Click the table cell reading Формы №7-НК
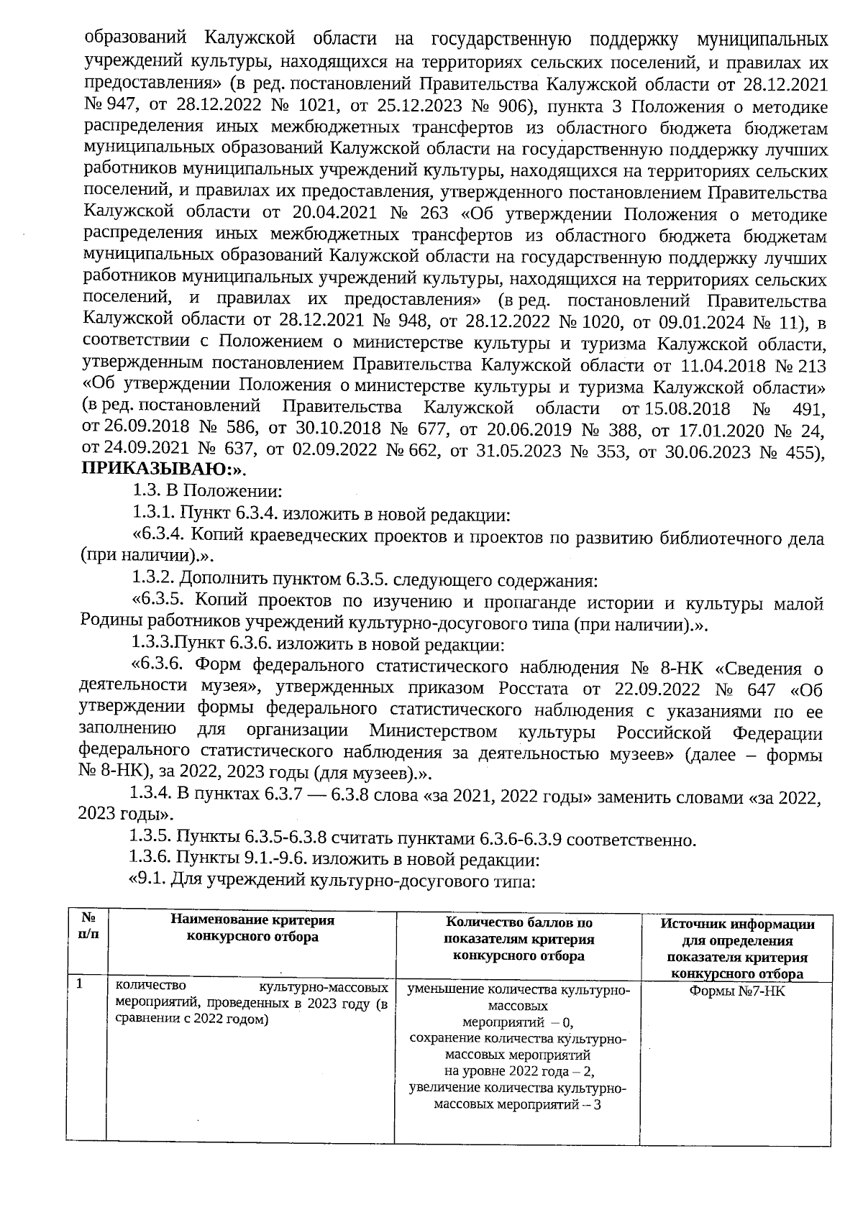736,990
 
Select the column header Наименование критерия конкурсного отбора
252,928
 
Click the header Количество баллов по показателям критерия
518,939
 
